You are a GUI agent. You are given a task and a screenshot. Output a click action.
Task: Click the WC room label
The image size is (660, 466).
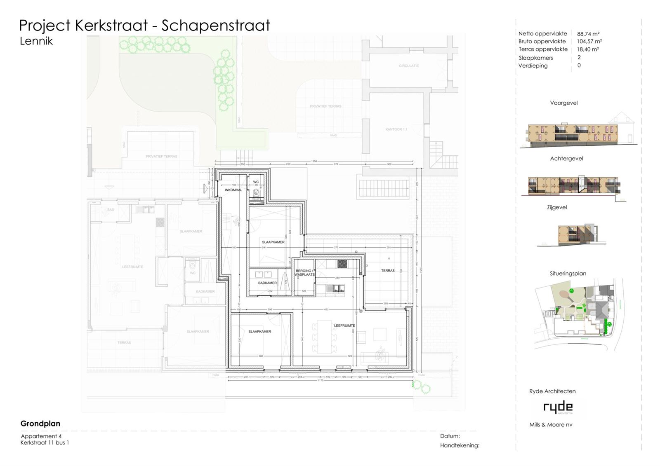(x=256, y=182)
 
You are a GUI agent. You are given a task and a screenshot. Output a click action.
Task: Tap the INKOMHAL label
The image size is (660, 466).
(x=233, y=190)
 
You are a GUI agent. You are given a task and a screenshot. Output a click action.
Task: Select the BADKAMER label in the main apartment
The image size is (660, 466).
(x=267, y=283)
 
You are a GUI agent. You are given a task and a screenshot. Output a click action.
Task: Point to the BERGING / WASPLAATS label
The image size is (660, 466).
(x=304, y=272)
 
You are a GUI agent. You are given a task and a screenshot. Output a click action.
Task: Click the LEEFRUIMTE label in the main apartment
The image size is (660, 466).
(x=344, y=325)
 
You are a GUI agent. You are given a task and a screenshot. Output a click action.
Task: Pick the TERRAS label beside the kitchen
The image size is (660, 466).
(x=388, y=271)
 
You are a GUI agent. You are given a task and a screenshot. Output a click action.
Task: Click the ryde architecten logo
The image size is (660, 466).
(x=558, y=407)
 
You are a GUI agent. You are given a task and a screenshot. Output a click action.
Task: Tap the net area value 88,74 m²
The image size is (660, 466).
(x=588, y=34)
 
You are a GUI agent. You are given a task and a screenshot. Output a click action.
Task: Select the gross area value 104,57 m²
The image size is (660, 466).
(x=589, y=42)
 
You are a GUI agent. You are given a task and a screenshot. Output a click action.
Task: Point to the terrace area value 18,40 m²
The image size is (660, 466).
(x=588, y=49)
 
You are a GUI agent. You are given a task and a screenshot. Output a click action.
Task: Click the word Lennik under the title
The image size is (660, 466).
(x=36, y=41)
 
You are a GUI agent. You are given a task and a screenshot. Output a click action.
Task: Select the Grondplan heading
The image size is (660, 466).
(x=40, y=424)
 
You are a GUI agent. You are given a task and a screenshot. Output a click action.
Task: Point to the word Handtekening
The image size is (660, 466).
(x=460, y=445)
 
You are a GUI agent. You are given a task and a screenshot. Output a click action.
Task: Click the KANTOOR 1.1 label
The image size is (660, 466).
(x=396, y=129)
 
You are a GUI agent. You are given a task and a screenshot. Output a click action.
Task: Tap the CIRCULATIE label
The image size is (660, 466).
(x=409, y=66)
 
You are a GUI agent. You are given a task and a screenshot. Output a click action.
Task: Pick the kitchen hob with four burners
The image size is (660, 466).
(x=342, y=264)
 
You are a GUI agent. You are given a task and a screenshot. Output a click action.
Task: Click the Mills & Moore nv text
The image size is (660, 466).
(x=551, y=425)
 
